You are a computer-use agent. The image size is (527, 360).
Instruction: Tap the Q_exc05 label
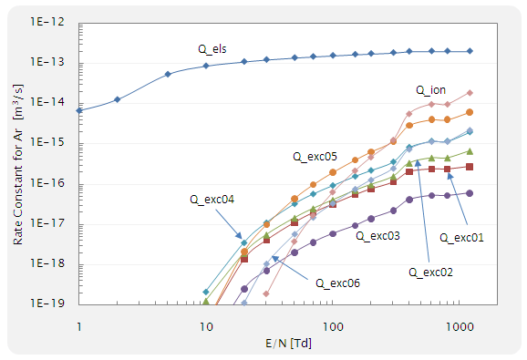315,156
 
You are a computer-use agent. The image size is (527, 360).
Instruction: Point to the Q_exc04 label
212,198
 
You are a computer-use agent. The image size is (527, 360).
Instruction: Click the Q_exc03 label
377,235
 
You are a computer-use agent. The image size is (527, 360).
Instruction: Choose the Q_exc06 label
338,283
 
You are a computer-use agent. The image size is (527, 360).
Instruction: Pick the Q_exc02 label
431,272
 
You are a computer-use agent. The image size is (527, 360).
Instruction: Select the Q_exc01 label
462,238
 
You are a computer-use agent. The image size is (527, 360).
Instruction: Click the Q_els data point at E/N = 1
79,110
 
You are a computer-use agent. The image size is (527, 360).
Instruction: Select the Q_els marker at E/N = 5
168,74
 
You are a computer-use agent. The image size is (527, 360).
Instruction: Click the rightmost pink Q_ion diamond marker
470,92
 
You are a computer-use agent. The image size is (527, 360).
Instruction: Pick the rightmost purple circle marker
470,193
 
